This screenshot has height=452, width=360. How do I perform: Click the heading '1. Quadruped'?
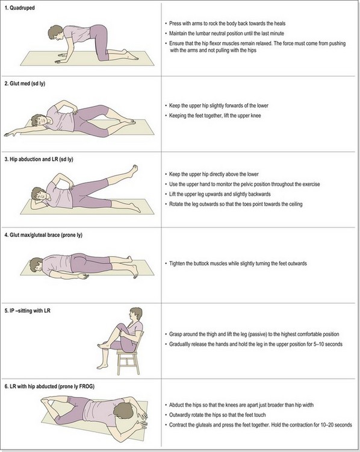pyautogui.click(x=19, y=8)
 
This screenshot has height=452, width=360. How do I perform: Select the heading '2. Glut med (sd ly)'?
pyautogui.click(x=25, y=84)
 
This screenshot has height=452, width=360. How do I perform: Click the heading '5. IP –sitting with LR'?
pyautogui.click(x=27, y=310)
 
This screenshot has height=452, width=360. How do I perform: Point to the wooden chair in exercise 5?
pyautogui.click(x=128, y=357)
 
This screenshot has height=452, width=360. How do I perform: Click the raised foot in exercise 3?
pyautogui.click(x=134, y=170)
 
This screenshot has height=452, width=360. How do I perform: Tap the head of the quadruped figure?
pyautogui.click(x=55, y=33)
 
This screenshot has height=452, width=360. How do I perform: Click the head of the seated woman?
pyautogui.click(x=135, y=314)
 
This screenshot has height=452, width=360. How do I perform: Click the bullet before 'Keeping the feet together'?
pyautogui.click(x=166, y=116)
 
